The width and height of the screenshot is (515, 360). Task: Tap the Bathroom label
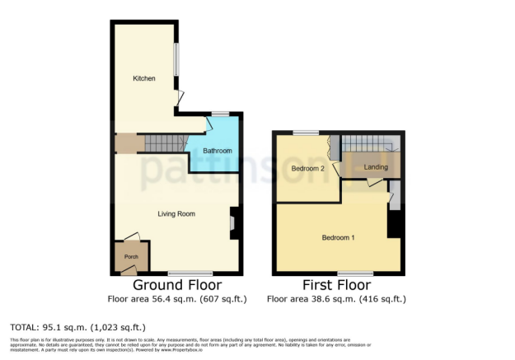(x=218, y=151)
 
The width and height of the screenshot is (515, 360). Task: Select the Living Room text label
(x=176, y=214)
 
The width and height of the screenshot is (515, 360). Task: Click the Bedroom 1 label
(x=338, y=238)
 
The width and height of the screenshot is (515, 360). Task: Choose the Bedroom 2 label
(x=307, y=169)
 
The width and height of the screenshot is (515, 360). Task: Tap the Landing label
(x=376, y=167)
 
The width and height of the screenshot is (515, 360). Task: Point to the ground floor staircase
(x=164, y=144)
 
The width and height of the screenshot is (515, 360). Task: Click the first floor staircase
(x=370, y=143)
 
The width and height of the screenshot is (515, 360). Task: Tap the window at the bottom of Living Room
(x=190, y=274)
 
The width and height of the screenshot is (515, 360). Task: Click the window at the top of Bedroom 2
(x=307, y=133)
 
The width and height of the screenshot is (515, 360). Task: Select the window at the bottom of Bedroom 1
(x=355, y=274)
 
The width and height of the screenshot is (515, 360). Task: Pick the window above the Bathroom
(x=220, y=113)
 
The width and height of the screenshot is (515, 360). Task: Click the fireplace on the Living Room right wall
(x=232, y=222)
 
